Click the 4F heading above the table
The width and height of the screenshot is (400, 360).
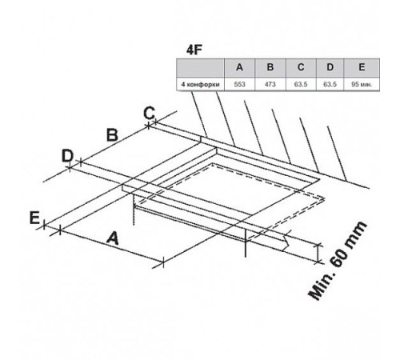tap(194, 50)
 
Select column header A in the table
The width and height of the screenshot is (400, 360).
tap(239, 67)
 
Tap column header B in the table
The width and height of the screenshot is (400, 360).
tap(270, 67)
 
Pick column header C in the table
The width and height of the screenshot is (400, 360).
tap(301, 67)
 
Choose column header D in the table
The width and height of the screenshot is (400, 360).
tap(330, 67)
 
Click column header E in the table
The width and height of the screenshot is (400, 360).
tap(362, 67)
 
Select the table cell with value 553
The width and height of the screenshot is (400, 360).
tap(239, 84)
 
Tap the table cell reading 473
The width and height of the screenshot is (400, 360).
tap(270, 84)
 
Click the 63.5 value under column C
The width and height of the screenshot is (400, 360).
tap(301, 84)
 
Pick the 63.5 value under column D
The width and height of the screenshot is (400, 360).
tap(330, 84)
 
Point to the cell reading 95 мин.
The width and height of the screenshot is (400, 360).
tap(362, 84)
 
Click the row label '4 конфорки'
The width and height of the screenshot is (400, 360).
tap(201, 85)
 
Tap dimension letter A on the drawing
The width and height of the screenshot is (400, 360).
tap(113, 238)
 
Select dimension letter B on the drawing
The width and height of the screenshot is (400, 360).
tap(112, 135)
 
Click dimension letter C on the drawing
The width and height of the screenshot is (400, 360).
tap(149, 113)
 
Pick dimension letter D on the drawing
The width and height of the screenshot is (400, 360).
tap(67, 156)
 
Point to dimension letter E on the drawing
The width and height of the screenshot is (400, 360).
tap(34, 218)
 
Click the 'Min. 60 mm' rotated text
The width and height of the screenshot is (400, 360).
tap(338, 261)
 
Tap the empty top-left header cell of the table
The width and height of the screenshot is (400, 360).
tap(201, 67)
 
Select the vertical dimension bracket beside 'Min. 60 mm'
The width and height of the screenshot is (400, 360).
tap(318, 254)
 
